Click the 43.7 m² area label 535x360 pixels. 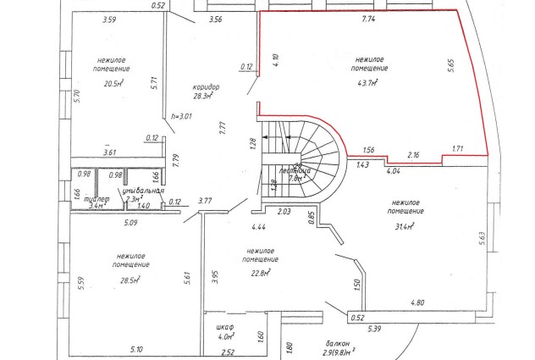pyautogui.click(x=367, y=83)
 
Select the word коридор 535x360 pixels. pyautogui.click(x=206, y=87)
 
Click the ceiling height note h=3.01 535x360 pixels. pyautogui.click(x=183, y=116)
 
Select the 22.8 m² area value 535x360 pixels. pyautogui.click(x=257, y=272)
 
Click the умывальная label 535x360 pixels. pyautogui.click(x=140, y=191)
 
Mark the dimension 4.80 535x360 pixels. pyautogui.click(x=417, y=302)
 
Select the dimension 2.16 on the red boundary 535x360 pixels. pyautogui.click(x=414, y=155)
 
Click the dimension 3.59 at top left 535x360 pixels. pyautogui.click(x=108, y=18)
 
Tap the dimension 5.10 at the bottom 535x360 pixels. pyautogui.click(x=137, y=349)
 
